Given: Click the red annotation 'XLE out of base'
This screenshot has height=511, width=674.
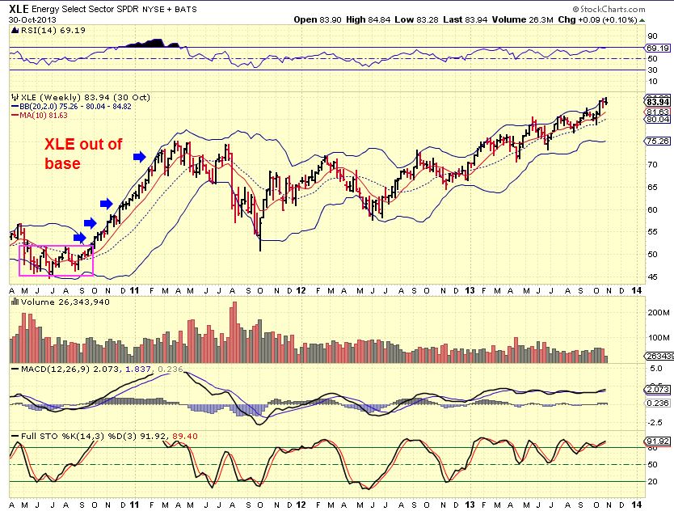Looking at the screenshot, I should [82, 154].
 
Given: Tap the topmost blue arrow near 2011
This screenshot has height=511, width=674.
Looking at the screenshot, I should [140, 157].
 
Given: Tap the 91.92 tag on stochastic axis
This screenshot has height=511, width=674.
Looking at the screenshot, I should [656, 441].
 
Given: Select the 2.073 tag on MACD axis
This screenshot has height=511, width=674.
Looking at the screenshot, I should [656, 389].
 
